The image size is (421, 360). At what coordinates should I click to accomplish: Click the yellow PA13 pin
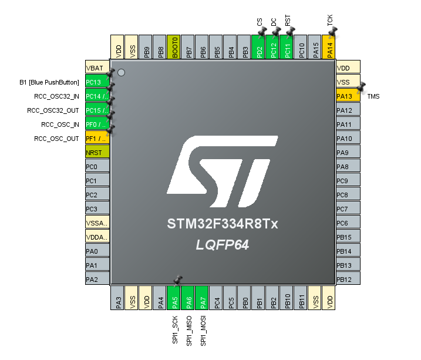click(x=348, y=96)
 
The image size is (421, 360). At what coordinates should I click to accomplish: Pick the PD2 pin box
click(x=258, y=47)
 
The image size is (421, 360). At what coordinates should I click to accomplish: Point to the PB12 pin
click(x=348, y=279)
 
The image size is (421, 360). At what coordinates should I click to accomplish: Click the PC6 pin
click(x=348, y=223)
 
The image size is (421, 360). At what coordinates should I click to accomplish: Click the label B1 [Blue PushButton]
click(x=49, y=82)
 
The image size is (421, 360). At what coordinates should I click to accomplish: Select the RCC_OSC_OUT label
click(x=56, y=139)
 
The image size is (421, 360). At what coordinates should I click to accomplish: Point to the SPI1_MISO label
click(x=189, y=329)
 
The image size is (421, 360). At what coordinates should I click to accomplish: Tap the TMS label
click(x=373, y=96)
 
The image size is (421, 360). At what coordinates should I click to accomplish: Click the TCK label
click(x=330, y=21)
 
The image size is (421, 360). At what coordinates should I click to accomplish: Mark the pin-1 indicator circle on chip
click(x=121, y=72)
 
